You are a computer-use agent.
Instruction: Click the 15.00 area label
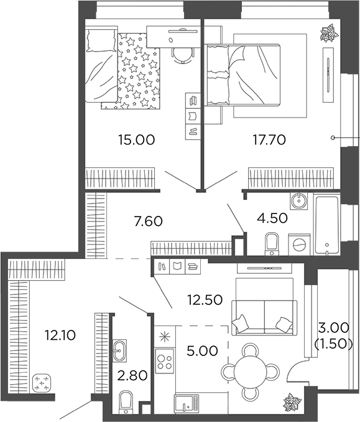[x=136, y=139]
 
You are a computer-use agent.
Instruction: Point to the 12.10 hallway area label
[x=60, y=336]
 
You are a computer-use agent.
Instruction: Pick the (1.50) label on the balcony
[x=336, y=343]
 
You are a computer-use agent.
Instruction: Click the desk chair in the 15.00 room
[x=179, y=54]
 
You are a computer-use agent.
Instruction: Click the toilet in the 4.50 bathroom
[x=272, y=243]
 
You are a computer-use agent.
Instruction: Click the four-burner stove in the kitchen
[x=164, y=362]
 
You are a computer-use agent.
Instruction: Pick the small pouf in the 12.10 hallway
[x=42, y=383]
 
